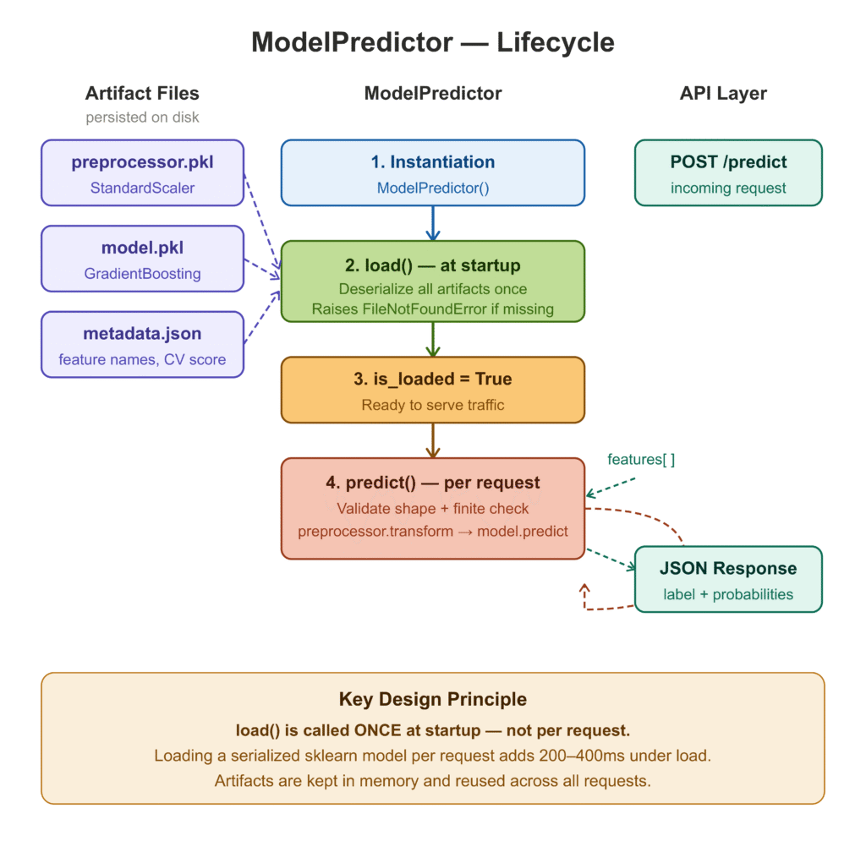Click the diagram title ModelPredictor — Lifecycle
(432, 42)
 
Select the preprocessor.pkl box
(142, 172)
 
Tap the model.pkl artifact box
(142, 259)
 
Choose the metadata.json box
(142, 344)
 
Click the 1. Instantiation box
(432, 172)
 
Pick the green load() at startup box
(432, 281)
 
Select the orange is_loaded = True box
(432, 390)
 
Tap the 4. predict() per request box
(432, 508)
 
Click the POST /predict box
(727, 172)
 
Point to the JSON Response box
(727, 579)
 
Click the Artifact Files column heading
(142, 94)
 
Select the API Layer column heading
(723, 94)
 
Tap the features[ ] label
(641, 460)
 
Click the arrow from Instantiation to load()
(432, 223)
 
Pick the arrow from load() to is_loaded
(432, 339)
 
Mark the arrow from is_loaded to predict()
(432, 440)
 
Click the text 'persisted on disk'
(142, 117)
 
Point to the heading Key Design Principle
(432, 700)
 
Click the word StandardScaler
(142, 188)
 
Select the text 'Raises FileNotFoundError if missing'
(432, 309)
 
